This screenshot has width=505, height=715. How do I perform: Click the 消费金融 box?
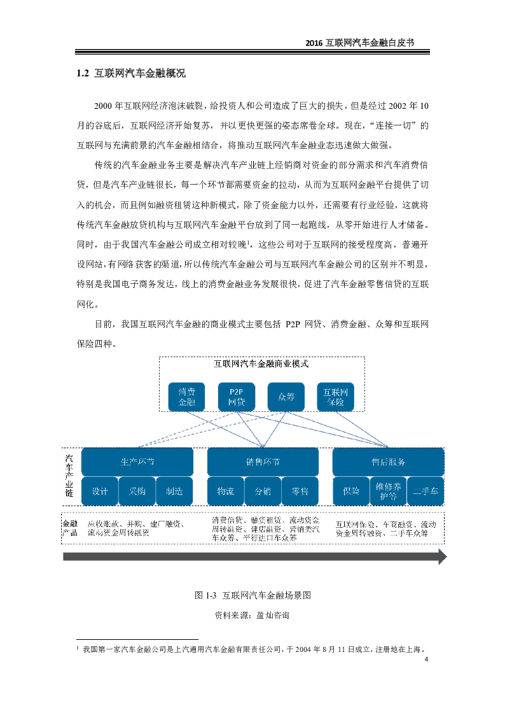coord(186,397)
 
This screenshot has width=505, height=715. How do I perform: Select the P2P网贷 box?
coord(236,397)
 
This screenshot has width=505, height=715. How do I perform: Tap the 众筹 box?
coord(286,397)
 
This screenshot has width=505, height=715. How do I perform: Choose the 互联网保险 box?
coord(335,397)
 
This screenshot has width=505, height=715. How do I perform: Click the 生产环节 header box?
coord(137,462)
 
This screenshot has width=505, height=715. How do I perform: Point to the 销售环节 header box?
coord(263,462)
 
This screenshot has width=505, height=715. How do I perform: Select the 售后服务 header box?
coord(388,462)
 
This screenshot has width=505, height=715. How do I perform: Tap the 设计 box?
coord(100,492)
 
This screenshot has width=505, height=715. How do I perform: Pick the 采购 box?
coord(137,492)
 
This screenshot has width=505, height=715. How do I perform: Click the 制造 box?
coord(174,492)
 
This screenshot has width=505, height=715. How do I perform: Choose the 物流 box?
coord(225,492)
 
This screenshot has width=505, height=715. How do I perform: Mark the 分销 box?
coord(263,492)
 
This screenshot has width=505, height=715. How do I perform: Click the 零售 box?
coord(300,492)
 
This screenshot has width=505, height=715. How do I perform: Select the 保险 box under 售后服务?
coord(351,492)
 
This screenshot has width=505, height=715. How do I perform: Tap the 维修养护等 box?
coord(388,492)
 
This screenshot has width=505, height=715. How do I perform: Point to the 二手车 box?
coord(425,492)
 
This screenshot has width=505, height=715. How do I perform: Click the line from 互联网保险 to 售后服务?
coord(361,428)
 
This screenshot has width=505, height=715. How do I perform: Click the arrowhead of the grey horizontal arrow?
coord(442,556)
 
